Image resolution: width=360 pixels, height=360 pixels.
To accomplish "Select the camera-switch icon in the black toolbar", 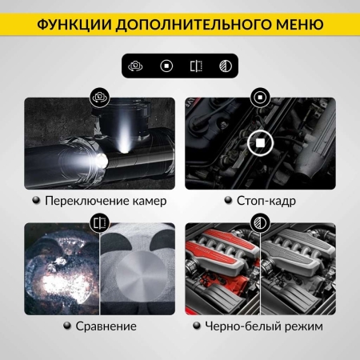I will [x=138, y=66].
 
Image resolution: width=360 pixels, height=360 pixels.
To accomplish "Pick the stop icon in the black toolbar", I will [x=166, y=66].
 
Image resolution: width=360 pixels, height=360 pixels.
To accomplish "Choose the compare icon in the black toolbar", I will [x=194, y=66].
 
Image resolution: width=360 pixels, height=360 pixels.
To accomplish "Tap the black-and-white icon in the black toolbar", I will [x=222, y=66].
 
